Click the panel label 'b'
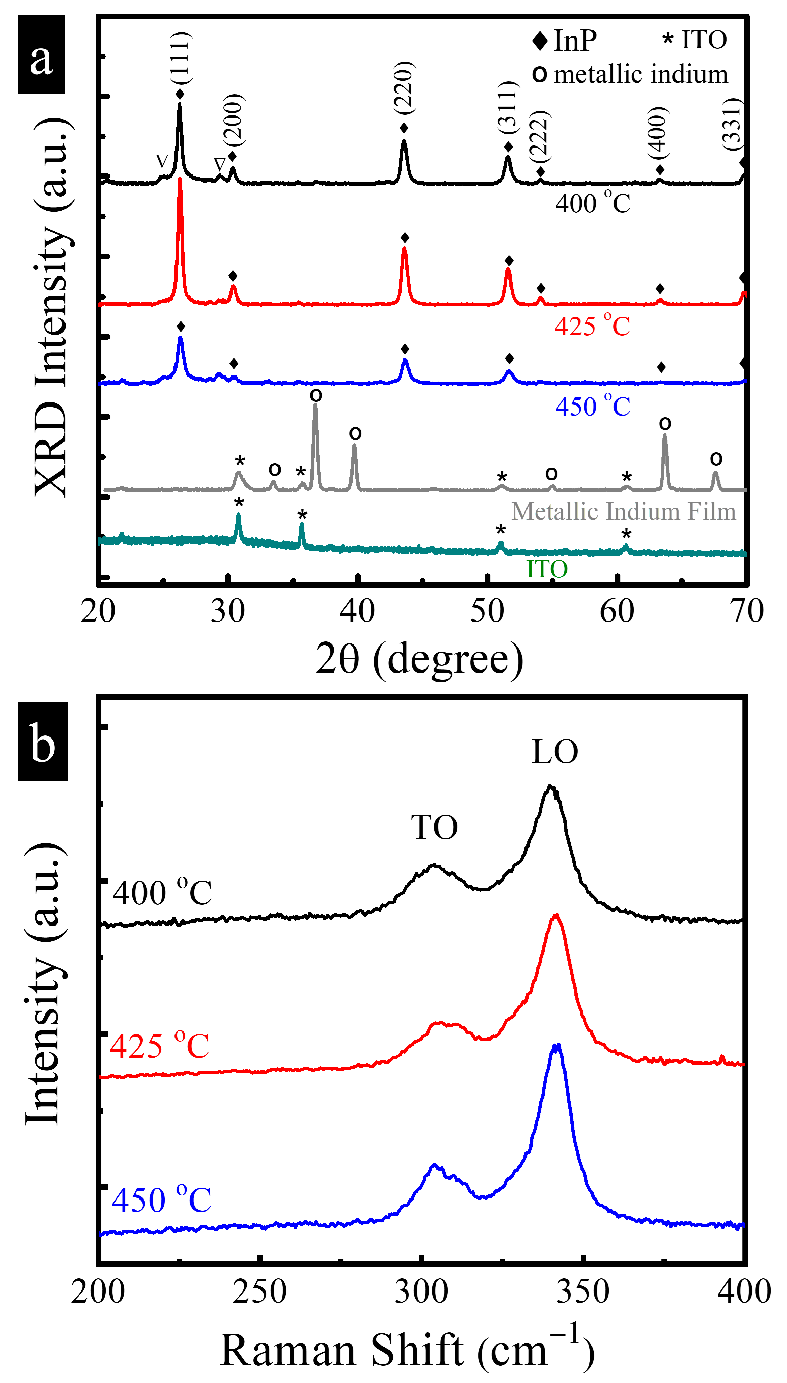43,741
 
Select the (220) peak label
404,87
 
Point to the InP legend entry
565,41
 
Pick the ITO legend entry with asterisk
695,39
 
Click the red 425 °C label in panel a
592,326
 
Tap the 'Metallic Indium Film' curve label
623,511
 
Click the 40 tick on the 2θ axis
357,611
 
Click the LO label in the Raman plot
555,752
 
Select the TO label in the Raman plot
434,826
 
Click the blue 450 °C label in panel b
161,1200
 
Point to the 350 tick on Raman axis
583,1292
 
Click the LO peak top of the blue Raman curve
556,1045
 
